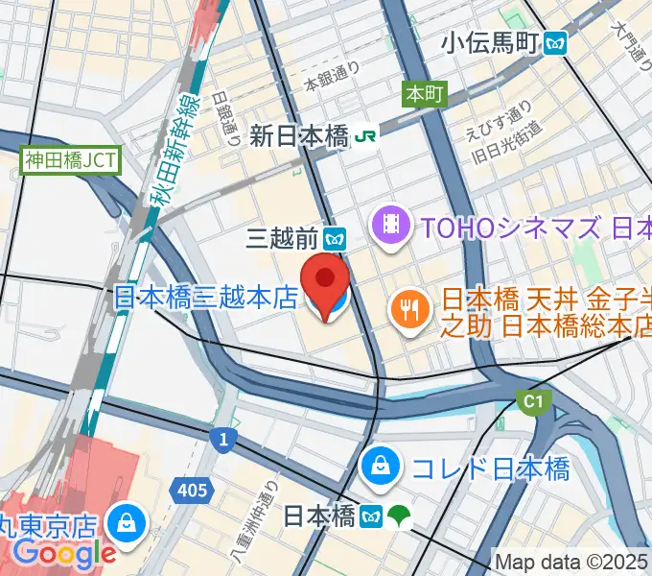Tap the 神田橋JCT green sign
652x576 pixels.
[71, 159]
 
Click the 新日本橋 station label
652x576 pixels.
[298, 136]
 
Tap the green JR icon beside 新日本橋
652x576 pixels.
[365, 136]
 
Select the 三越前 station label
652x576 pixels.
[282, 236]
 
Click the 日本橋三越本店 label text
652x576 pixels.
[206, 298]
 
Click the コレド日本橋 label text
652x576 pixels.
[490, 468]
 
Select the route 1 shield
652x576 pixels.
[222, 439]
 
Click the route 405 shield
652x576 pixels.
[192, 491]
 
